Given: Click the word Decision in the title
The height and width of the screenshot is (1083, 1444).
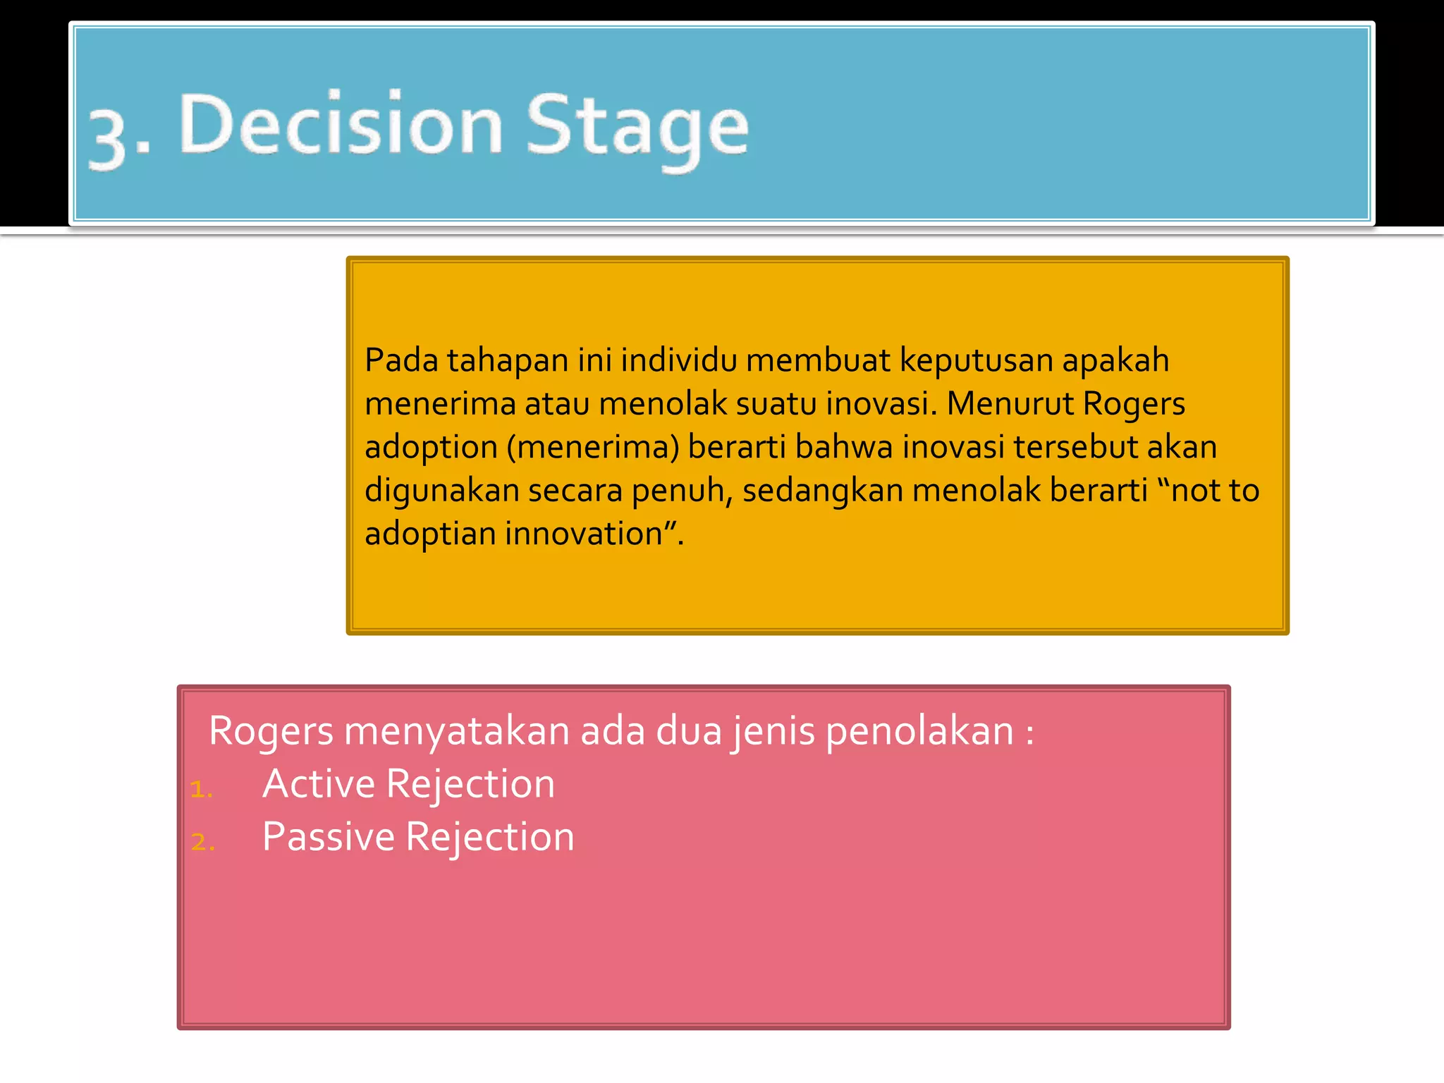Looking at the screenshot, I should (341, 126).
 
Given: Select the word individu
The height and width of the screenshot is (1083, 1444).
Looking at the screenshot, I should (678, 360).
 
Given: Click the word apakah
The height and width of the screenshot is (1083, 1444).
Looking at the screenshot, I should (1115, 362).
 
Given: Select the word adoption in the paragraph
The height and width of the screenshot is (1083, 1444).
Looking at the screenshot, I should (432, 448).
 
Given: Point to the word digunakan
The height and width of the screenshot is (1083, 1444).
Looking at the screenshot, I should (441, 491).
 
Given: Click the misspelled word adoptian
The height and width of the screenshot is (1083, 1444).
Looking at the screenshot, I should (430, 534).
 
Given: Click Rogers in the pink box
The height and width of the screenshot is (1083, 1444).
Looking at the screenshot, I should (271, 732).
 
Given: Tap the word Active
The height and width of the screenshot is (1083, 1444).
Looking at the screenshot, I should (319, 784).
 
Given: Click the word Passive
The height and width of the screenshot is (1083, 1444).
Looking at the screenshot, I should (329, 837).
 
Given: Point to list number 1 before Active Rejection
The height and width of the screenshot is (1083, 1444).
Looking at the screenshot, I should (201, 789).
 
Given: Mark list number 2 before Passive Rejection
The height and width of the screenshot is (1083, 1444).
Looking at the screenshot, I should (202, 842).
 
